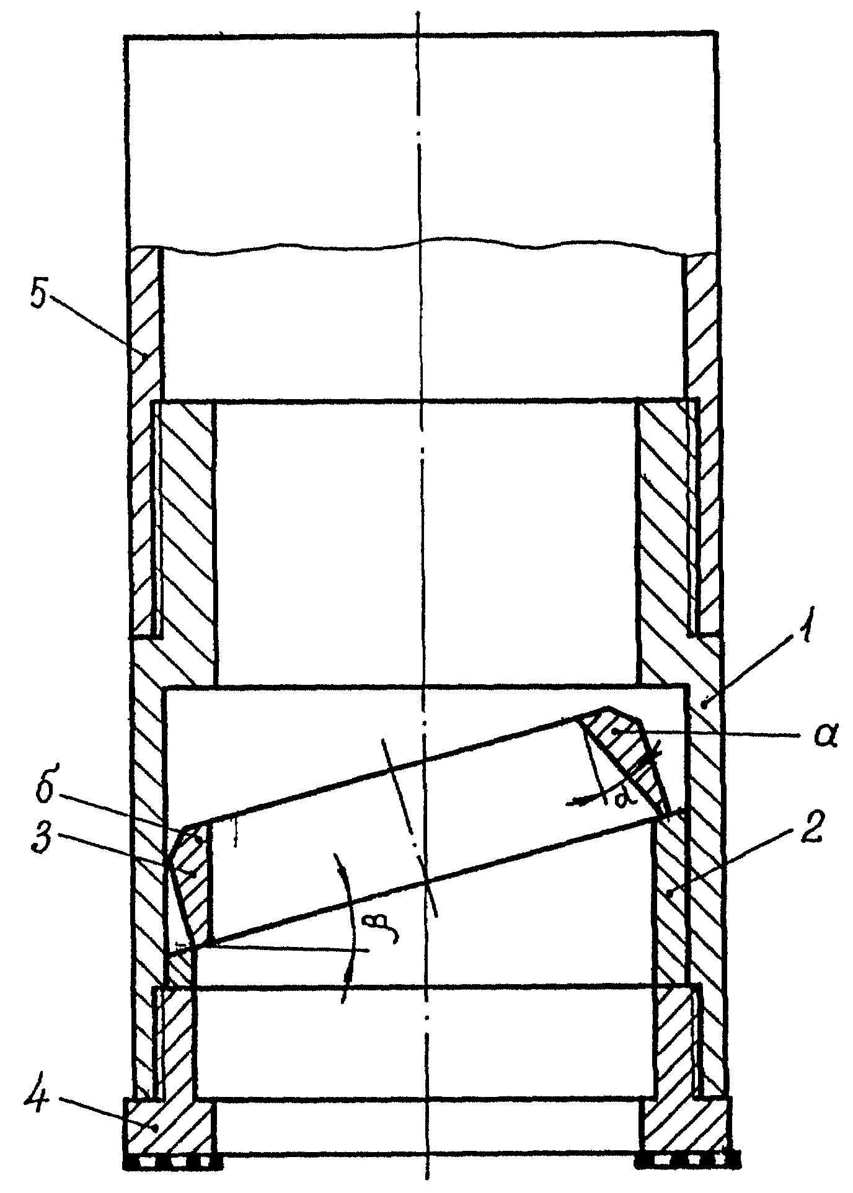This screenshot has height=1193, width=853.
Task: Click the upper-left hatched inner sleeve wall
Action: pyautogui.click(x=186, y=539)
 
